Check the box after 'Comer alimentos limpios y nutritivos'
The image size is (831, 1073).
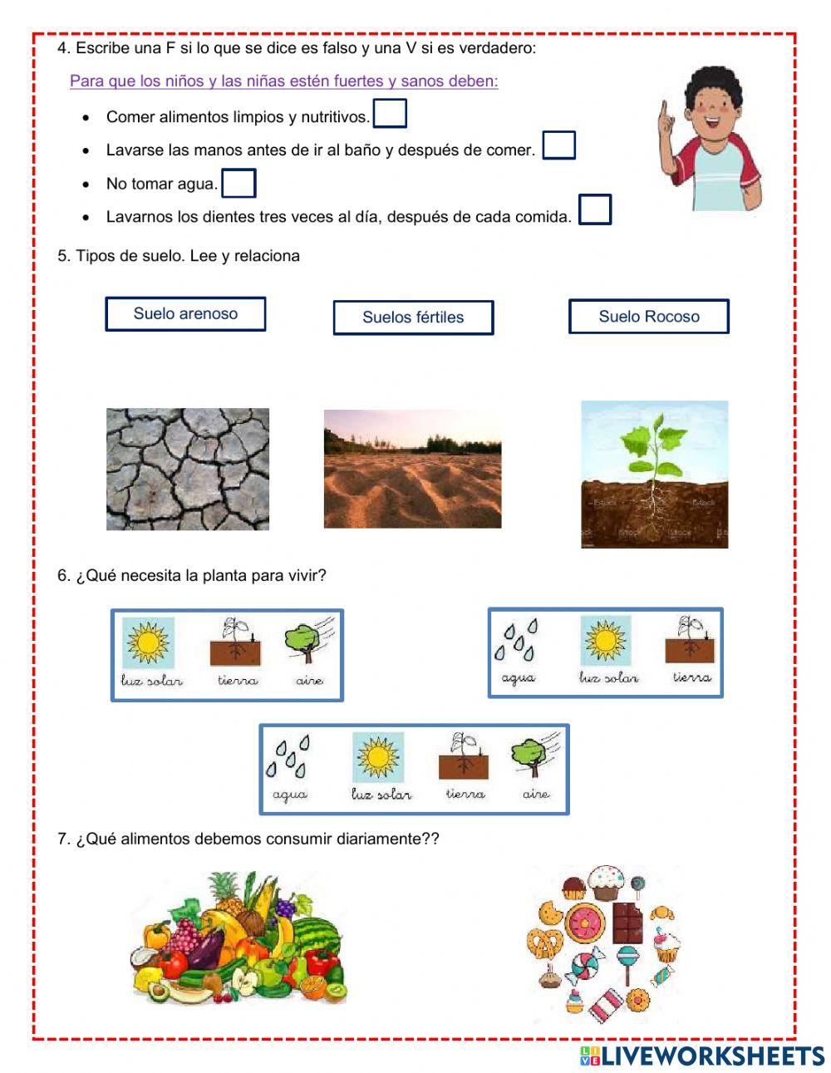coord(390,114)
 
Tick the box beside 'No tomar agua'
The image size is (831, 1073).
coord(238,184)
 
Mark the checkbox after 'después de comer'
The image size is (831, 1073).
coord(558,145)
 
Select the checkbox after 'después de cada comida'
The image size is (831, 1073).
coord(594,209)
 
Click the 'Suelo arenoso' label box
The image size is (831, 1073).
coord(185,314)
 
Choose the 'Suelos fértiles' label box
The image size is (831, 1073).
coord(413,317)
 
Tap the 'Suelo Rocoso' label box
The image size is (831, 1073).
coord(648,317)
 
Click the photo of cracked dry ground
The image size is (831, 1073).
coord(188,469)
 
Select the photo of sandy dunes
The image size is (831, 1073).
coord(412,469)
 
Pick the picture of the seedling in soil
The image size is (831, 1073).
coord(654,475)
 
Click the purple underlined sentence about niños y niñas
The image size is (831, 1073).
coord(283,81)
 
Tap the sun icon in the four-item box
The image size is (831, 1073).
coord(378,757)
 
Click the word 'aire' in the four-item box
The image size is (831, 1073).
coord(536,795)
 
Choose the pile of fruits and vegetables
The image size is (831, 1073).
coord(239,939)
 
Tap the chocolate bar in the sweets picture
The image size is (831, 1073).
coord(628,923)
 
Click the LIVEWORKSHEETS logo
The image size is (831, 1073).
coord(702,1056)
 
